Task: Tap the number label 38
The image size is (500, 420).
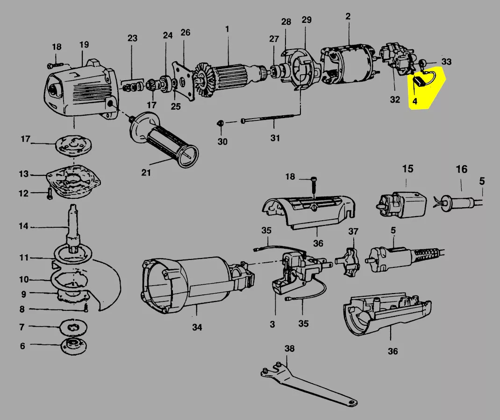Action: click(x=290, y=349)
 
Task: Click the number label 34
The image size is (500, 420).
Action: click(x=197, y=328)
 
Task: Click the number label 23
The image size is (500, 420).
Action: click(x=133, y=38)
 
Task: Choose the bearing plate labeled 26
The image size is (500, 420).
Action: click(x=186, y=80)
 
